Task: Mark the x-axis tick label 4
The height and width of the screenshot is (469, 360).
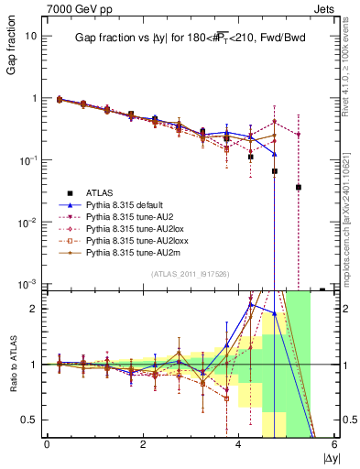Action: (239, 445)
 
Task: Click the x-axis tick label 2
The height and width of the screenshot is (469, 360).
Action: (143, 445)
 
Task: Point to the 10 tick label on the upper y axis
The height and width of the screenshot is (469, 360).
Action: (31, 36)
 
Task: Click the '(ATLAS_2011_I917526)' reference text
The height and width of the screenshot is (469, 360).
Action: (190, 274)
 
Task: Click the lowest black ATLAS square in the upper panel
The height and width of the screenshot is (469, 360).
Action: (299, 187)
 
